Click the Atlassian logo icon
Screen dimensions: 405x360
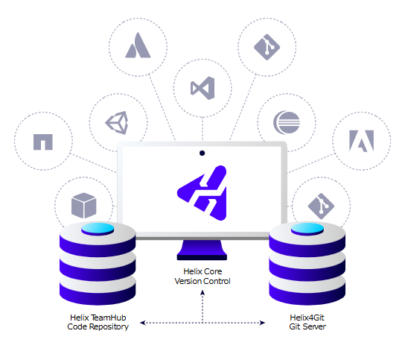(138, 45)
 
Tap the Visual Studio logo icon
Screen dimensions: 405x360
(202, 88)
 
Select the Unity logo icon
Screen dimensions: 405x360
(117, 122)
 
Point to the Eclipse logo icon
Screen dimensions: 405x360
(287, 122)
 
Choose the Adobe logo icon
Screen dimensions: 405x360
(361, 141)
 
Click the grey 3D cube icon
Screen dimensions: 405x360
(83, 206)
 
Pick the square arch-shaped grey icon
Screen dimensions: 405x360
(43, 142)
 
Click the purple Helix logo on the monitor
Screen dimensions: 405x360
(202, 193)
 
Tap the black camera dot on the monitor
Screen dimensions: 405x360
(202, 153)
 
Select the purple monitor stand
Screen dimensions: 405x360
(202, 250)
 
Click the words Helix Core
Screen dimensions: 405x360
(202, 271)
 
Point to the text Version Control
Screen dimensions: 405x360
(202, 281)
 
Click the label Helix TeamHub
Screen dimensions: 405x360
(98, 318)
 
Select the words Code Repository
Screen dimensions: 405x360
(98, 326)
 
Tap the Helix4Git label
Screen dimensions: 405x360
(307, 318)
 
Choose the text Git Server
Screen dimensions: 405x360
(307, 326)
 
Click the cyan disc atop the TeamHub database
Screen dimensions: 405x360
(98, 229)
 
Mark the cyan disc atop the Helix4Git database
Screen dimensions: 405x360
(307, 229)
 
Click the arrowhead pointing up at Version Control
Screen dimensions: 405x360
(202, 293)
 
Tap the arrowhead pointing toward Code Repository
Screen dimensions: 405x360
(143, 323)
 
